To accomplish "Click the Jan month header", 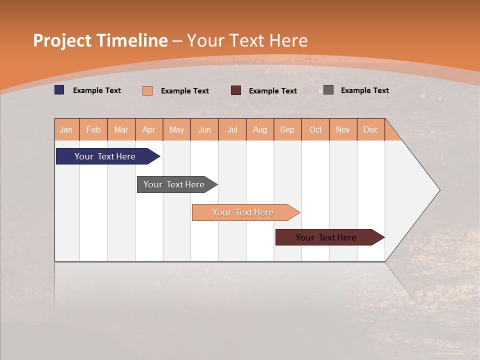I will click(66, 129).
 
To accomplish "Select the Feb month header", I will click(93, 129).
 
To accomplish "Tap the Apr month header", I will click(149, 129).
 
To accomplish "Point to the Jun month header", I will click(204, 129).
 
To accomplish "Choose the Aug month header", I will click(260, 129).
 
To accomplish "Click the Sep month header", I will click(287, 129).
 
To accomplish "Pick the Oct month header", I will click(315, 129).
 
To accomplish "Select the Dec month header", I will click(371, 129).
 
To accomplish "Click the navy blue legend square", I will click(59, 90).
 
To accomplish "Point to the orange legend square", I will click(147, 90).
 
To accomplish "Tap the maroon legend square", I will click(236, 90).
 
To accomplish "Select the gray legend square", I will click(328, 90).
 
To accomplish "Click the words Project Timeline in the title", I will click(100, 40).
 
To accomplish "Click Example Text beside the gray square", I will click(364, 90).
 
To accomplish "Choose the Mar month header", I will click(121, 129).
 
